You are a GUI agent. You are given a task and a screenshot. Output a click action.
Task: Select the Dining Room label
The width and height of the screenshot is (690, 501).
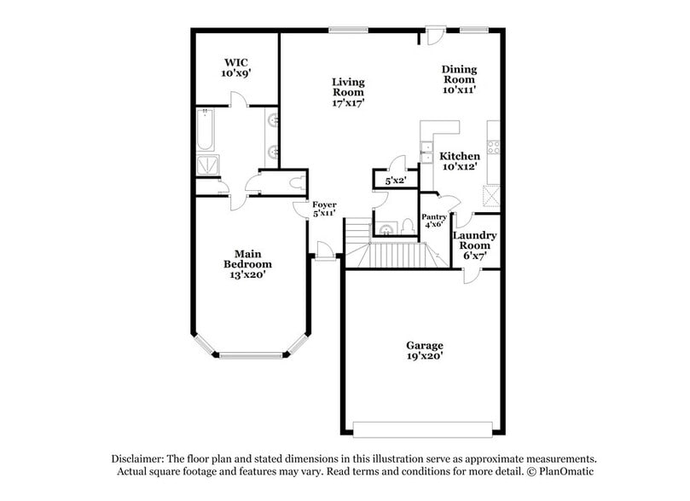(459, 78)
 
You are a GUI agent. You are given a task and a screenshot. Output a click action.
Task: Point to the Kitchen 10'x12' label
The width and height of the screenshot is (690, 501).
(459, 161)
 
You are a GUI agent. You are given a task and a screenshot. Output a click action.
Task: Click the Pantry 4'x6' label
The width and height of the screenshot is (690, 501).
(434, 220)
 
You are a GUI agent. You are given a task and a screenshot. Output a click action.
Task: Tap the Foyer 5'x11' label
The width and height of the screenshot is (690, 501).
(324, 209)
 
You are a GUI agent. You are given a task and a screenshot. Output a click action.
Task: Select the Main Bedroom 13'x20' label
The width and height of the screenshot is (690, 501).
(246, 264)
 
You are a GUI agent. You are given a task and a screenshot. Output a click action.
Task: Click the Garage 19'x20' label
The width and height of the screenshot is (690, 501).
(424, 350)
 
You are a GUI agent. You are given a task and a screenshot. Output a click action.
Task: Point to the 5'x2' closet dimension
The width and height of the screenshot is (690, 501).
(395, 181)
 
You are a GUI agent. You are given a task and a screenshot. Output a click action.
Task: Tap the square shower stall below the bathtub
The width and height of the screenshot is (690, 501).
(207, 165)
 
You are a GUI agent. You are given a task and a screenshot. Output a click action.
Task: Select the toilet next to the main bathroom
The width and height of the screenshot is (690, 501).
(295, 182)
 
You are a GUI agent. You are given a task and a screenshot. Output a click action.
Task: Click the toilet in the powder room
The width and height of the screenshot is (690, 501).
(407, 227)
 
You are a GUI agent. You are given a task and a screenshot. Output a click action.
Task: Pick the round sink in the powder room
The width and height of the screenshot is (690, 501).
(386, 228)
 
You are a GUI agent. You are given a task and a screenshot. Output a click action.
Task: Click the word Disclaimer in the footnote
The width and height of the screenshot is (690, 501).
(140, 458)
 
